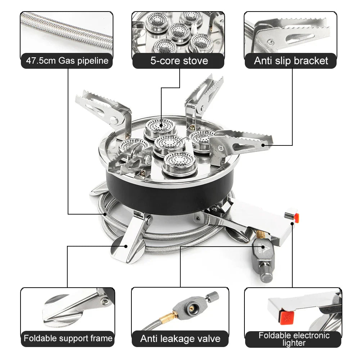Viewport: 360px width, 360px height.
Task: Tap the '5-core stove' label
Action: click(179, 60)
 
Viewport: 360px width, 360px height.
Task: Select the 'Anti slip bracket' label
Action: click(291, 60)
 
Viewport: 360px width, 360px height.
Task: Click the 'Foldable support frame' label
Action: click(68, 338)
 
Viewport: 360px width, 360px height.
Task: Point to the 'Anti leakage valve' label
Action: click(180, 339)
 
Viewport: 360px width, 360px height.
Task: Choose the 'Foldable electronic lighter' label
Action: click(294, 339)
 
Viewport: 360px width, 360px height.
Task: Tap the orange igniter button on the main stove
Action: click(296, 217)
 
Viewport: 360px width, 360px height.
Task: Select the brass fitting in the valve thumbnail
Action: click(167, 317)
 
